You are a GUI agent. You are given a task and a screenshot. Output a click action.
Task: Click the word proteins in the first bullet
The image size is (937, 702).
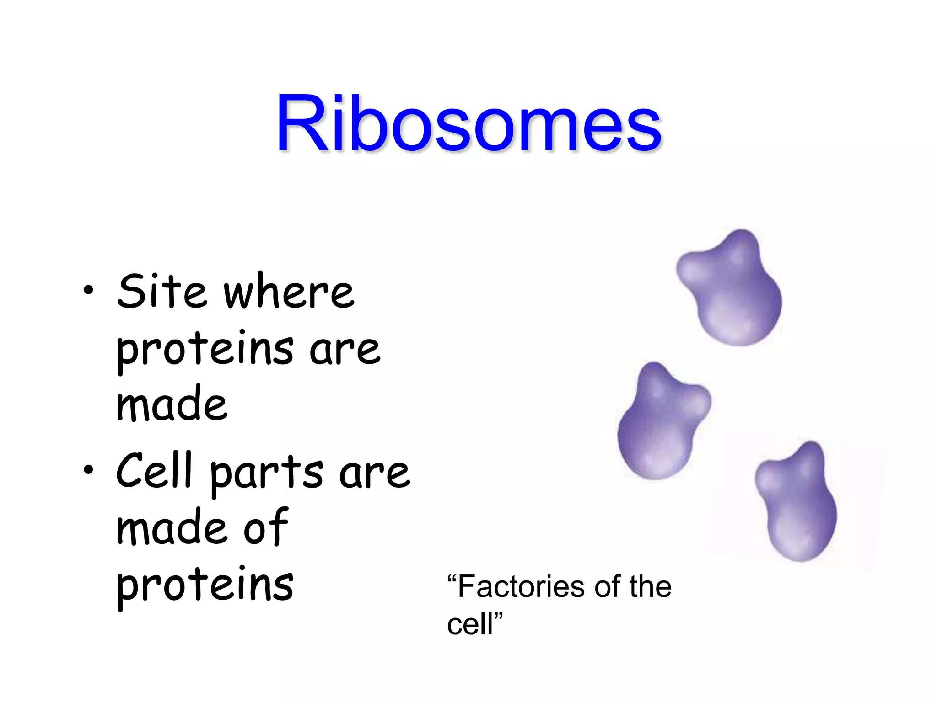(x=205, y=350)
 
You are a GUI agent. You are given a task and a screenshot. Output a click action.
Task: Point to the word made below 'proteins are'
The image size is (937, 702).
(x=172, y=404)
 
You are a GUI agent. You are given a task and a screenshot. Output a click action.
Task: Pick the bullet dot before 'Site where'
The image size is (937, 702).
(x=88, y=290)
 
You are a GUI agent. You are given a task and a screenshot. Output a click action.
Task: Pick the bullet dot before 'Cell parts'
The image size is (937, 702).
(x=88, y=469)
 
